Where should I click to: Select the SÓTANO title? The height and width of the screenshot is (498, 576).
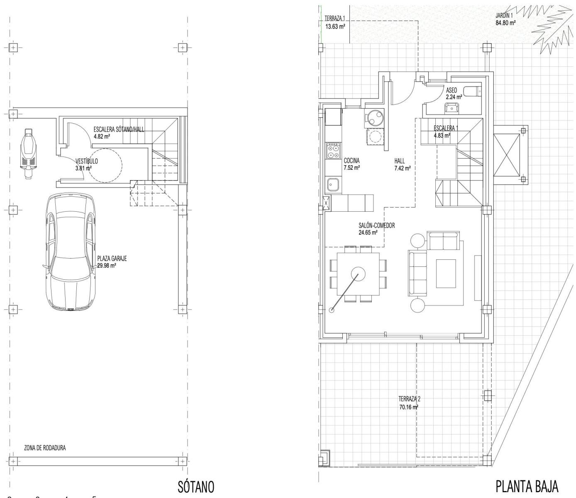[x=196, y=486]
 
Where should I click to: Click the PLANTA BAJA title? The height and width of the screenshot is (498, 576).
[x=527, y=486]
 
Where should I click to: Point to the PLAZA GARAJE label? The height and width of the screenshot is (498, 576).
[x=112, y=258]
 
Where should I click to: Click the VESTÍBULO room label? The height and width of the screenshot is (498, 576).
[x=87, y=161]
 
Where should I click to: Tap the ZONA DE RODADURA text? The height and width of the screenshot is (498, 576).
[x=45, y=448]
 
